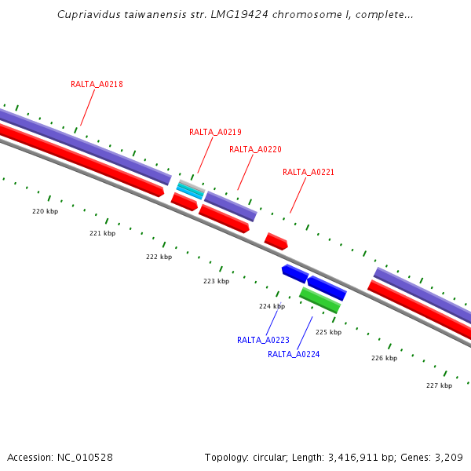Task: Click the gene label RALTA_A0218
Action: tap(97, 84)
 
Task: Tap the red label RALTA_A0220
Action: tap(255, 149)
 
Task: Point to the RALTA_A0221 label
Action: tap(309, 172)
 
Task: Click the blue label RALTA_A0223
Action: tap(263, 340)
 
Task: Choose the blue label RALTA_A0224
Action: tap(294, 354)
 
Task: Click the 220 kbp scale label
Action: tap(45, 211)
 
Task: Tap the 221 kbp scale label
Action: tap(102, 233)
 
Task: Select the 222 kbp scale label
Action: tap(159, 257)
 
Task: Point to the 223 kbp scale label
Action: tap(216, 281)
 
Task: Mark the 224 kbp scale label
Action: tap(272, 306)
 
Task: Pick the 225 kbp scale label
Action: tap(328, 332)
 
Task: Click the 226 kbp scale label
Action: tap(384, 358)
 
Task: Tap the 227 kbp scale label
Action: tap(439, 385)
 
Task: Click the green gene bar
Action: tap(319, 300)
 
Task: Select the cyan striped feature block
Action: tap(190, 190)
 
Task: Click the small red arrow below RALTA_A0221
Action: tap(276, 241)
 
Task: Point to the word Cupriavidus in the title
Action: tap(84, 15)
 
